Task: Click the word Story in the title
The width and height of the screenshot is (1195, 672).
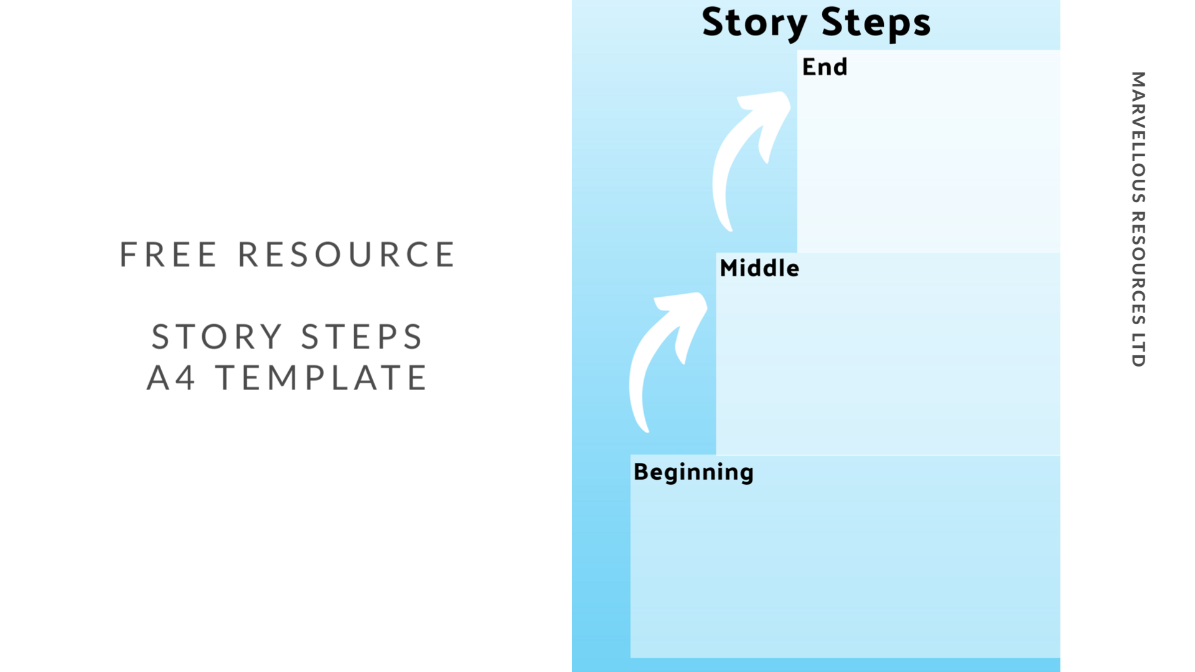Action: tap(754, 23)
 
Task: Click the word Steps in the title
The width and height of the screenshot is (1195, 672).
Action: tap(876, 23)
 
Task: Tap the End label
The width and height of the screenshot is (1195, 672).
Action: tap(825, 67)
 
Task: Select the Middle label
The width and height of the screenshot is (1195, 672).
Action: tap(759, 268)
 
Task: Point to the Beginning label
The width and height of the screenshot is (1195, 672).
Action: tap(693, 472)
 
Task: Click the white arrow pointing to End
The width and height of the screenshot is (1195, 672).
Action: tap(744, 156)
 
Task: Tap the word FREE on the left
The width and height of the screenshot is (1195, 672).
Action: tap(168, 254)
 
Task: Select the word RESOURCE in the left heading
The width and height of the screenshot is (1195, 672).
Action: tap(347, 254)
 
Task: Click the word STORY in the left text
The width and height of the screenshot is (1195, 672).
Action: tap(217, 337)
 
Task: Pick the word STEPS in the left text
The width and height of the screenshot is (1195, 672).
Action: tap(362, 337)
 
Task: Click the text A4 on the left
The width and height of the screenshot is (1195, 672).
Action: tap(171, 378)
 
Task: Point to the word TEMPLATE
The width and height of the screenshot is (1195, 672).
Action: tap(321, 378)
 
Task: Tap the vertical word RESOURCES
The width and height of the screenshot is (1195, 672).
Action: tap(1138, 268)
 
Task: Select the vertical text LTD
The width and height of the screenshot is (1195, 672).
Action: tap(1138, 350)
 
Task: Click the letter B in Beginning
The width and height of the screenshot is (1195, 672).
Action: tap(641, 472)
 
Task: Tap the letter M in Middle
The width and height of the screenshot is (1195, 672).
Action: tap(729, 268)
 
